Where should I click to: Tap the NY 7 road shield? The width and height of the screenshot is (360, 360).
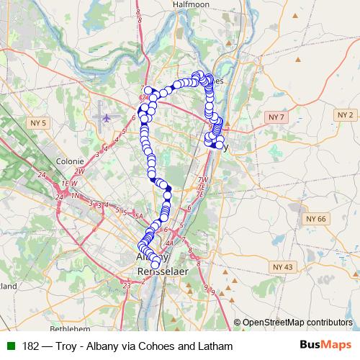[x=276, y=116]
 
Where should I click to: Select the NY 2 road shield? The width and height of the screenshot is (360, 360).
[x=346, y=114]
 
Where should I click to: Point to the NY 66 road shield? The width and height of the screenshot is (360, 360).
[x=316, y=218]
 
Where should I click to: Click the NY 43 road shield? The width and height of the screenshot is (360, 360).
[x=284, y=266]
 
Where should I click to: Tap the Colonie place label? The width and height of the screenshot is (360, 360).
[x=71, y=162]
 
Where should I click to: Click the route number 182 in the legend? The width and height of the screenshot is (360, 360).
[x=31, y=346]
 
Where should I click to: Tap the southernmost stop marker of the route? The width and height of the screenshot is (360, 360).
[x=155, y=266]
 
